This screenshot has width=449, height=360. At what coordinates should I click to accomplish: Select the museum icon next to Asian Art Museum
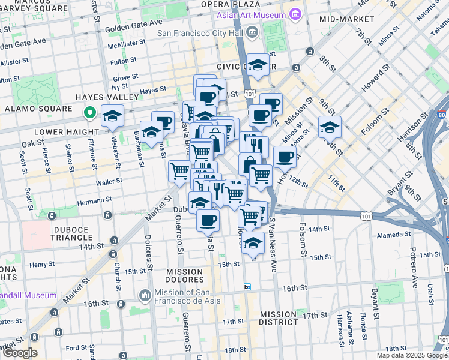click(x=294, y=14)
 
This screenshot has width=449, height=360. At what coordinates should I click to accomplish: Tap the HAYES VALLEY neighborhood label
click(x=98, y=97)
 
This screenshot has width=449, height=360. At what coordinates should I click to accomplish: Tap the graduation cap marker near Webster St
click(x=112, y=116)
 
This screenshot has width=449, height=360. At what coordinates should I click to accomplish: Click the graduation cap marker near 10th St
click(x=330, y=127)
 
